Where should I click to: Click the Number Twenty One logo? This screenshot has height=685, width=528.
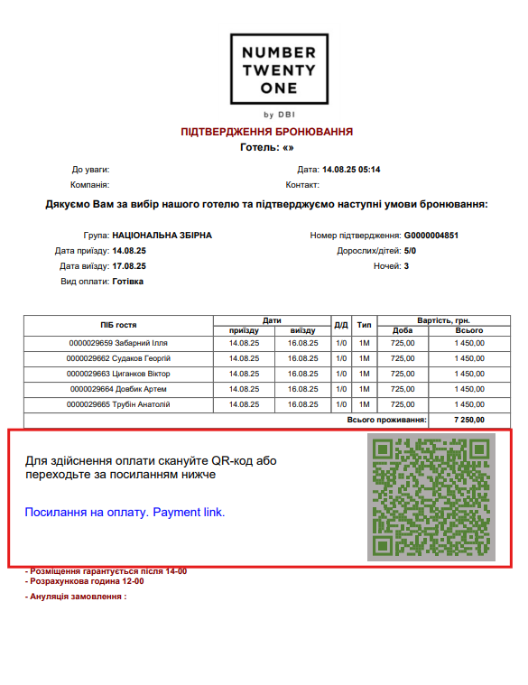click(273, 69)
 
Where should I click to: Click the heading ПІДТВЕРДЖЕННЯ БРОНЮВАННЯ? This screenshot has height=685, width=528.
click(266, 132)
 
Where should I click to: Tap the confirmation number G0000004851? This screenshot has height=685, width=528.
click(431, 236)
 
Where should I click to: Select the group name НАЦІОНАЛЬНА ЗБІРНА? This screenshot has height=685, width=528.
click(162, 236)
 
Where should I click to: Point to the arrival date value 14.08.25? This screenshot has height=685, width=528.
click(129, 251)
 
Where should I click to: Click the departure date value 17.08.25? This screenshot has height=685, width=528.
click(129, 266)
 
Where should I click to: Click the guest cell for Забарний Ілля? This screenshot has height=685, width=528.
click(118, 343)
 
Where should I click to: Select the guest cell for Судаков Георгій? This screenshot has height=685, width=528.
click(118, 358)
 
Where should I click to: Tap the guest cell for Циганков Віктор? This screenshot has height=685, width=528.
click(118, 374)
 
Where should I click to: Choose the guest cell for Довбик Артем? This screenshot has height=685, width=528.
click(118, 389)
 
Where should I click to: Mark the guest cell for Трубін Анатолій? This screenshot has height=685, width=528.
click(118, 404)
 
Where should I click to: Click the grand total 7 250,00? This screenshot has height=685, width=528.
click(468, 420)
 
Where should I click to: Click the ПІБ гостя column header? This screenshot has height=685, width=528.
click(118, 325)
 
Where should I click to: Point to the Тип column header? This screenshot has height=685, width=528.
click(364, 325)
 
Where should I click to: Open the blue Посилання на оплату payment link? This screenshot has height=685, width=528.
click(125, 513)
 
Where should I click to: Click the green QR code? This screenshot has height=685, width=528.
click(431, 497)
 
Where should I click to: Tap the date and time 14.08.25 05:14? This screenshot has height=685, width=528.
click(351, 170)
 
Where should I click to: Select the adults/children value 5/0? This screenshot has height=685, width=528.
click(410, 251)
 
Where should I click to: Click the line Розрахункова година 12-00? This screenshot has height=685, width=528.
click(86, 581)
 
